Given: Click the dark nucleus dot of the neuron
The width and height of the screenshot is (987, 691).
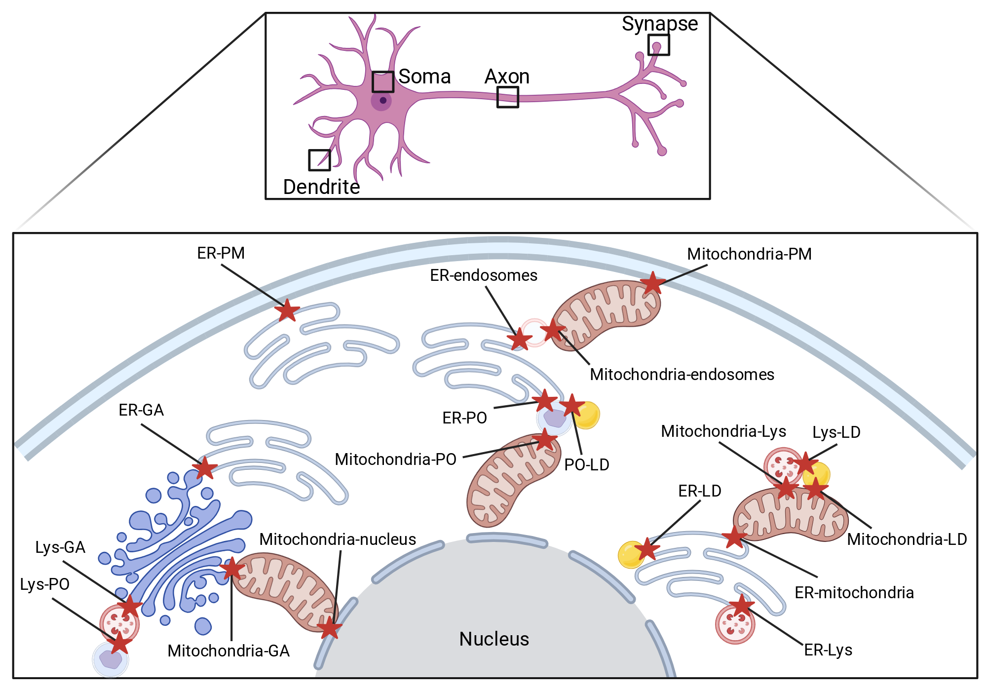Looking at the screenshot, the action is [x=383, y=100].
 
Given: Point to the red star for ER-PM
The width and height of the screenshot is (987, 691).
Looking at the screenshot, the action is [x=287, y=310].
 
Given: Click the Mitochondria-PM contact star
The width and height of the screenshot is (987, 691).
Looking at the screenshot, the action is [x=653, y=283].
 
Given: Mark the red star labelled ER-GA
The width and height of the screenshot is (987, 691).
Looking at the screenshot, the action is [x=204, y=467].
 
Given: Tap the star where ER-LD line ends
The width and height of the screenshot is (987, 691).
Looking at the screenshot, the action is [x=646, y=549].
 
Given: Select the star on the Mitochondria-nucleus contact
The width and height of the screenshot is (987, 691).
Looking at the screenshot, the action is [x=329, y=628].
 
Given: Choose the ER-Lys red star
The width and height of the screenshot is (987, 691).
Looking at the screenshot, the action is [x=741, y=606].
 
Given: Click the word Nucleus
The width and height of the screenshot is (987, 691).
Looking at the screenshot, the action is [x=494, y=639].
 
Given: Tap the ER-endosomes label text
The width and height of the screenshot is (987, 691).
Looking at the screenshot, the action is [x=484, y=275].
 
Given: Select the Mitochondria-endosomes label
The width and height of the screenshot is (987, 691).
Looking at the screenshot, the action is [x=682, y=375].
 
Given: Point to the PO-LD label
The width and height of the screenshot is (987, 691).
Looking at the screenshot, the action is [x=587, y=465].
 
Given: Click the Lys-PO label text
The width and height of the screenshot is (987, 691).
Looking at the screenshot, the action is [x=44, y=584].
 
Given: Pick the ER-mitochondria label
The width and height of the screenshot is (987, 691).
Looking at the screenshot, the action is [x=854, y=593].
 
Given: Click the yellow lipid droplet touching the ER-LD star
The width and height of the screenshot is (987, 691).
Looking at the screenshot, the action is [x=632, y=555].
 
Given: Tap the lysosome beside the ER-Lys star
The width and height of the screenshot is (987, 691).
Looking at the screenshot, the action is [x=735, y=624].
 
